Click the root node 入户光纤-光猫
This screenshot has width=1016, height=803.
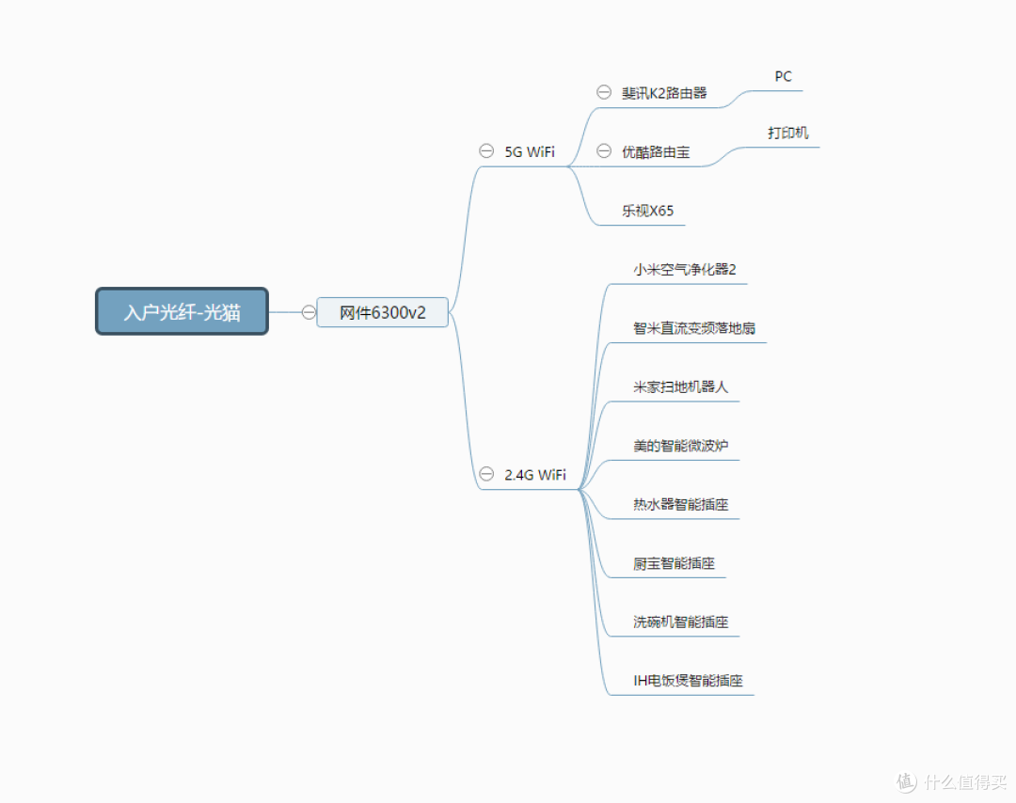(x=183, y=311)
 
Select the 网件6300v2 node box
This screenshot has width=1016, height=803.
(x=382, y=312)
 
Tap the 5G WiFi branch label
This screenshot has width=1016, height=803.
(x=530, y=151)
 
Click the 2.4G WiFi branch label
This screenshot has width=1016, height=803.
(x=535, y=475)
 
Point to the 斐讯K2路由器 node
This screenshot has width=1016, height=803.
(x=664, y=92)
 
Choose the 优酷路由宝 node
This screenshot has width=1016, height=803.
(x=656, y=151)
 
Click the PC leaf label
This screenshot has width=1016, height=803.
(x=784, y=76)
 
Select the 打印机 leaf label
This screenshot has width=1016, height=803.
(x=788, y=133)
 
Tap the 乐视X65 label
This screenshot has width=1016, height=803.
(x=648, y=211)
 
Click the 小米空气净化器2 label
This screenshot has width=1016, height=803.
(x=685, y=270)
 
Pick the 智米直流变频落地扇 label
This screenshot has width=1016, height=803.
(x=694, y=328)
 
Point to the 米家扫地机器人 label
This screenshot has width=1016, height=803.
(x=680, y=386)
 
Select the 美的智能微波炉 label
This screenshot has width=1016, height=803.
(x=680, y=446)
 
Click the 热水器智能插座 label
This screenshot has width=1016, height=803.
(x=680, y=505)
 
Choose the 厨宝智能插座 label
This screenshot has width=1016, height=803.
(x=674, y=563)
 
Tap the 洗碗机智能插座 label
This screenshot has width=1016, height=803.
(x=680, y=622)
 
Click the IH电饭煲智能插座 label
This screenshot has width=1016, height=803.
(x=688, y=681)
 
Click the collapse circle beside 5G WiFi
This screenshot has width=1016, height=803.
(x=486, y=150)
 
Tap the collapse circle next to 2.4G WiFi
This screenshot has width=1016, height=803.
(x=486, y=474)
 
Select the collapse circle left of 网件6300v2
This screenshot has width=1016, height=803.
(x=309, y=312)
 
